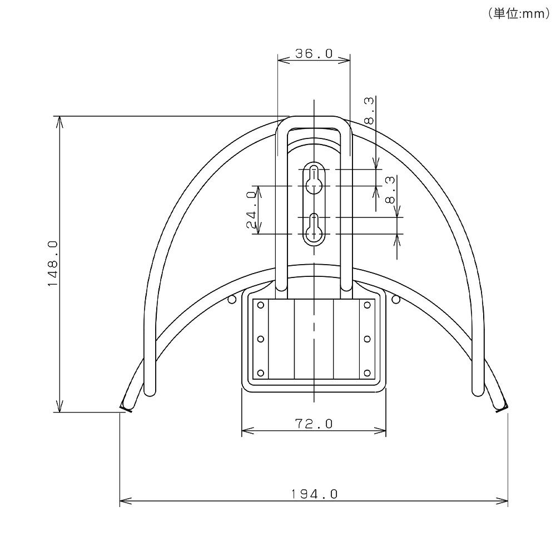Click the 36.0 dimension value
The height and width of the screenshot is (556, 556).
tap(314, 53)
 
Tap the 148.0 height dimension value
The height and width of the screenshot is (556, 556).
tap(52, 264)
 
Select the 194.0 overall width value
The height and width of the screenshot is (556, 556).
tap(314, 494)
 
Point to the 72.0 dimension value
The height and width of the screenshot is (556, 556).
tap(314, 423)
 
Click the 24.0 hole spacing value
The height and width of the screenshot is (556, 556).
tap(251, 210)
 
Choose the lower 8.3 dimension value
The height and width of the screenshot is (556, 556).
tap(390, 190)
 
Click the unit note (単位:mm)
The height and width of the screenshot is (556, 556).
tap(518, 13)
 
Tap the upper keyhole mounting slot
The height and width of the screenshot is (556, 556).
tap(314, 178)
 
